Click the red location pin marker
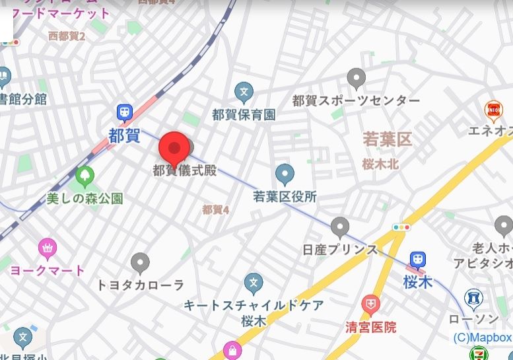pyautogui.click(x=174, y=147)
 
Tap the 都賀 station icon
pyautogui.click(x=124, y=113)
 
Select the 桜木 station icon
pyautogui.click(x=417, y=260)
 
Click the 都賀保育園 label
pyautogui.click(x=244, y=114)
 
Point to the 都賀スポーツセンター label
pyautogui.click(x=356, y=100)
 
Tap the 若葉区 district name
pyautogui.click(x=387, y=139)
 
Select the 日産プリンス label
pyautogui.click(x=339, y=250)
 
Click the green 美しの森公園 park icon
pyautogui.click(x=85, y=176)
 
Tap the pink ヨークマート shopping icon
pyautogui.click(x=47, y=248)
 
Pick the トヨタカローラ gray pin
pyautogui.click(x=140, y=263)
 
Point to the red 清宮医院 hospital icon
pyautogui.click(x=371, y=305)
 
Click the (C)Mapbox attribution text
pyautogui.click(x=482, y=338)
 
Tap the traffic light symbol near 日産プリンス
pyautogui.click(x=401, y=227)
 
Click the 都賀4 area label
pyautogui.click(x=215, y=209)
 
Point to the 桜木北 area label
pyautogui.click(x=381, y=165)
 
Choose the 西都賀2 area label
pyautogui.click(x=67, y=36)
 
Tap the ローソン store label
pyautogui.click(x=473, y=320)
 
